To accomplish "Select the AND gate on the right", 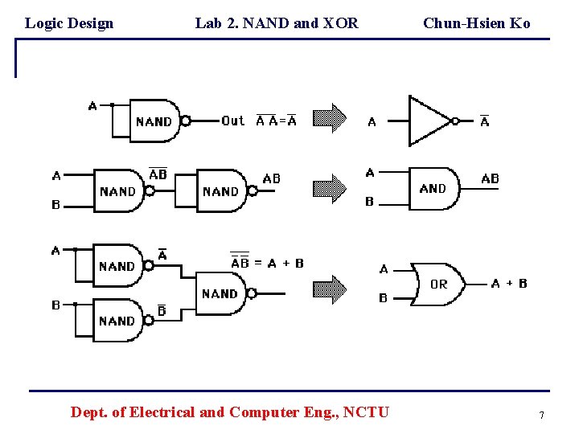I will pos(433,188).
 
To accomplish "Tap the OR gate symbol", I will pos(437,284).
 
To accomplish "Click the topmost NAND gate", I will pos(154,121).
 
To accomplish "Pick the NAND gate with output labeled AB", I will pos(221,191).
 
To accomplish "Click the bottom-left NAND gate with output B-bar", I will pos(117,320).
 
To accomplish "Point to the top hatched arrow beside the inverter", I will pos(329,119).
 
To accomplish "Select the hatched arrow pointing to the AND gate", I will pos(329,188).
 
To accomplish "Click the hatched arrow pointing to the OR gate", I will pos(329,288).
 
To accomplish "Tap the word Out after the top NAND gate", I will pos(232,121).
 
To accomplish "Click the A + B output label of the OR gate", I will pos(509,283).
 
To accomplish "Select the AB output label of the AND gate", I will pos(490,178).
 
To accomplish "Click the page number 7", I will pos(541,415).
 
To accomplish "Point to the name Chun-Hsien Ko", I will pos(476,23).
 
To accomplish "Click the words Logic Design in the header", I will pos(69,23).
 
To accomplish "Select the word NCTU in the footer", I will pos(366,412).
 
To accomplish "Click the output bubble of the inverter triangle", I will pos(455,121).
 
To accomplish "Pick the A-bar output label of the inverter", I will pos(484,121).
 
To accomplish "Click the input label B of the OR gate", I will pos(383,298).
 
